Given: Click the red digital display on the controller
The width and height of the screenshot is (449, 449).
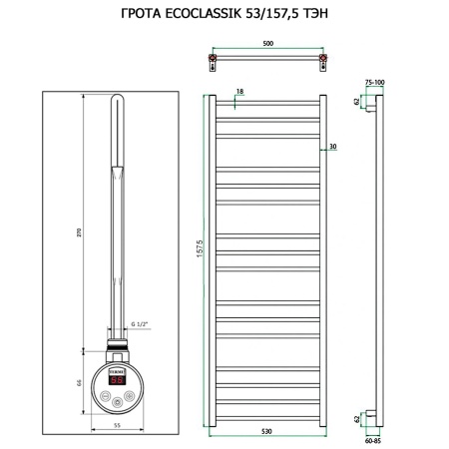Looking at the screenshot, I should click(117, 379).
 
